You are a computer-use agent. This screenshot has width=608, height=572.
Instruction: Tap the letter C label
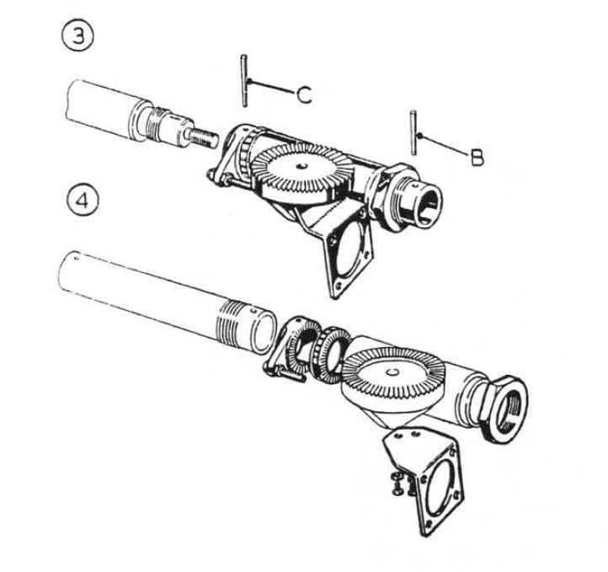[304, 95]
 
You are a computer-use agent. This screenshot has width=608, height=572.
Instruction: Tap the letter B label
[477, 157]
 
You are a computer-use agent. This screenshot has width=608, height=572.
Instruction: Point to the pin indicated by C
[243, 81]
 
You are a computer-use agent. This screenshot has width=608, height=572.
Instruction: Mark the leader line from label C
[269, 88]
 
